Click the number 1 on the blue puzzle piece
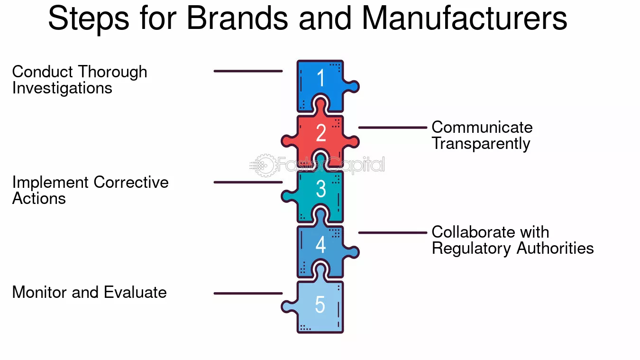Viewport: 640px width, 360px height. coord(321,77)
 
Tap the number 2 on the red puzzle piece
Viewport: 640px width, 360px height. coord(321,133)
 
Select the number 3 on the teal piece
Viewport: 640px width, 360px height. coord(321,189)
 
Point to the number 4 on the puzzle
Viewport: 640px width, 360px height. coord(320,245)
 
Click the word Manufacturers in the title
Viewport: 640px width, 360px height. coord(464,18)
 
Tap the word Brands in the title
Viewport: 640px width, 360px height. coord(237,18)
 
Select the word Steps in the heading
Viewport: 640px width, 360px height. coord(89,19)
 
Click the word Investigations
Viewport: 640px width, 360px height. coord(62,88)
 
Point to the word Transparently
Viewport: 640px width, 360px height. coord(481,144)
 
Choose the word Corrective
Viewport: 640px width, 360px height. coord(131,182)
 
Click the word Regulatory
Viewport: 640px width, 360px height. coord(471,248)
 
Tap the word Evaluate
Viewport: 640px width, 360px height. coord(135,292)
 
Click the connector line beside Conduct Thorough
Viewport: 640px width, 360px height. coord(248,71)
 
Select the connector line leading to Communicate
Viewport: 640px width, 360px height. coord(393,128)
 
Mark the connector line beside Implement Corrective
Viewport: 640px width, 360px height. coord(248,182)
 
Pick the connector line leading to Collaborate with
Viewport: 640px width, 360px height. coord(393,233)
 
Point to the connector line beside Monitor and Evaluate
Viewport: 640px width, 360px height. coord(248,294)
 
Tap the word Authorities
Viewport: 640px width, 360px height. coord(555,248)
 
